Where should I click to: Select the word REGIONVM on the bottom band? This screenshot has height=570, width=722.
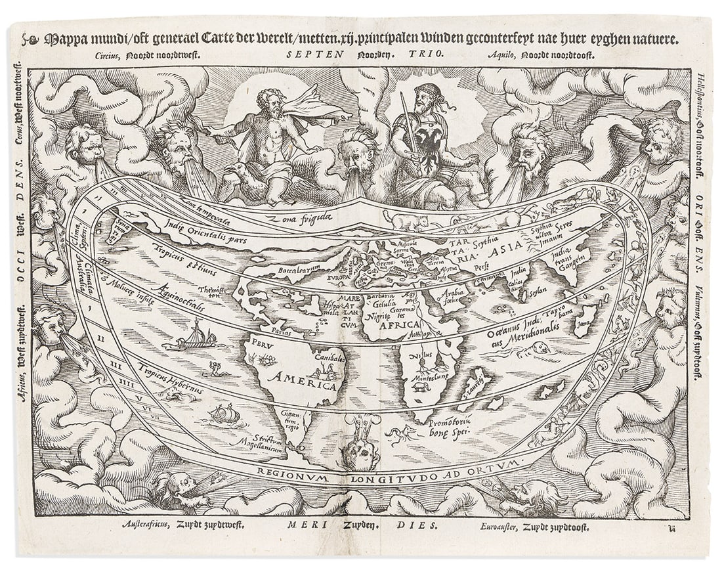pos(290,471)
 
